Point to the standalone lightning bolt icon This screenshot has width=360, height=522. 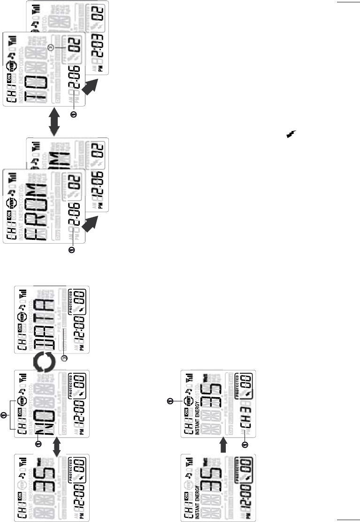pos(292,136)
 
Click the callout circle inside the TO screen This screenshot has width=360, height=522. pos(56,48)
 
